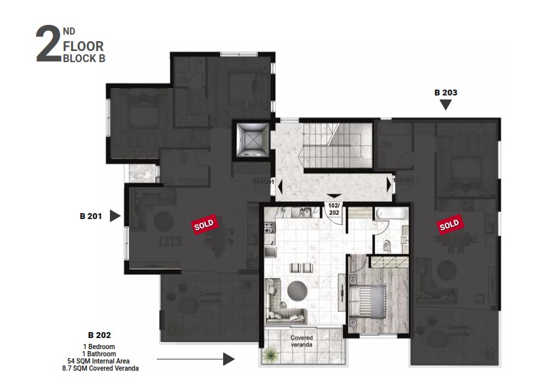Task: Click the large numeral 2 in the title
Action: [48, 45]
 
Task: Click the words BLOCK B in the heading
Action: [83, 58]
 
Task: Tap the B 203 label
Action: [446, 92]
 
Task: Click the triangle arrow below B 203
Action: [446, 104]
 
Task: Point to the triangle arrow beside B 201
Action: [115, 216]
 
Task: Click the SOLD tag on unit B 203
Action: [449, 225]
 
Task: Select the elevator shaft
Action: [249, 139]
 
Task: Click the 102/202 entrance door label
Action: [334, 208]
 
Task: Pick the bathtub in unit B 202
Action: [392, 214]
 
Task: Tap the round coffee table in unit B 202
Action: [296, 288]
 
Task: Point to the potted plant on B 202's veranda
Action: [269, 354]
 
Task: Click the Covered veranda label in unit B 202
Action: [301, 341]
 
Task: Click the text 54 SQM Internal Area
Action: [99, 361]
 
